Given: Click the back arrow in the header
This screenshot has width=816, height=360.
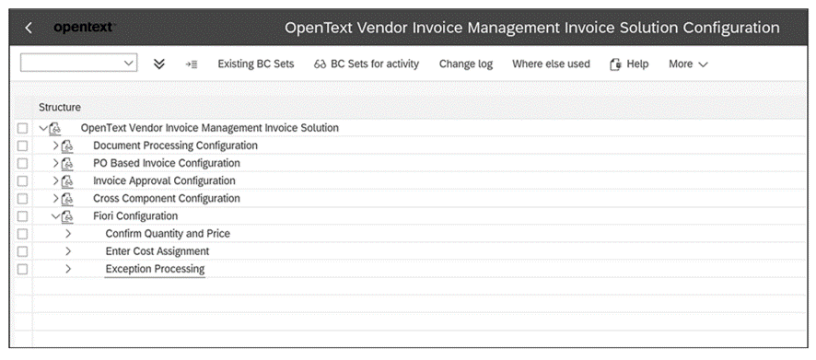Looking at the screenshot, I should tap(29, 28).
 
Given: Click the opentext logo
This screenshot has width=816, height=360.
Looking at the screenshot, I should tap(83, 28).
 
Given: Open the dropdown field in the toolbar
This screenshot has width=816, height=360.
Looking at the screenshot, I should tap(78, 64).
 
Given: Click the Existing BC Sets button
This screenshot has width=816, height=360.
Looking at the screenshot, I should tap(256, 64).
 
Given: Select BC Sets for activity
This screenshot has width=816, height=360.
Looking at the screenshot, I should tap(367, 64).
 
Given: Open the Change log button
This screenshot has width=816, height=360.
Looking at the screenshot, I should tap(465, 64).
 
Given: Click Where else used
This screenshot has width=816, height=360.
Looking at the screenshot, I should tap(551, 64).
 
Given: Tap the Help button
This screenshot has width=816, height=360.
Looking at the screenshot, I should tap(629, 64).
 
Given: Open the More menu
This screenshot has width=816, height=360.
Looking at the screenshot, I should tap(688, 64).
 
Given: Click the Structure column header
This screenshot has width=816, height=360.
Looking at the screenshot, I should tap(60, 108).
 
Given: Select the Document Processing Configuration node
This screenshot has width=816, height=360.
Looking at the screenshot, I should tap(175, 145).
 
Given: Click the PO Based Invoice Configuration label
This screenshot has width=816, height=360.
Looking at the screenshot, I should tap(166, 163).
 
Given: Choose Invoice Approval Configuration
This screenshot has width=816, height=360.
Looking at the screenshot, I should tap(164, 180).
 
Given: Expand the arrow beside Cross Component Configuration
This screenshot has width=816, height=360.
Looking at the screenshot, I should tap(55, 199).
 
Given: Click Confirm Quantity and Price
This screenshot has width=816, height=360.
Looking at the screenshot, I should tap(168, 234).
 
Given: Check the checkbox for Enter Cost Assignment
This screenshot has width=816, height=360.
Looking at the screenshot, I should tap(23, 251).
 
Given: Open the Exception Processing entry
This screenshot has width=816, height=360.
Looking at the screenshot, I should tap(155, 269).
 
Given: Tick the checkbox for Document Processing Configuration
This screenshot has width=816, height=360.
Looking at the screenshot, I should tap(23, 145).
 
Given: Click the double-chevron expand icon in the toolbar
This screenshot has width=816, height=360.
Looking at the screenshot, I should tap(158, 64).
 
